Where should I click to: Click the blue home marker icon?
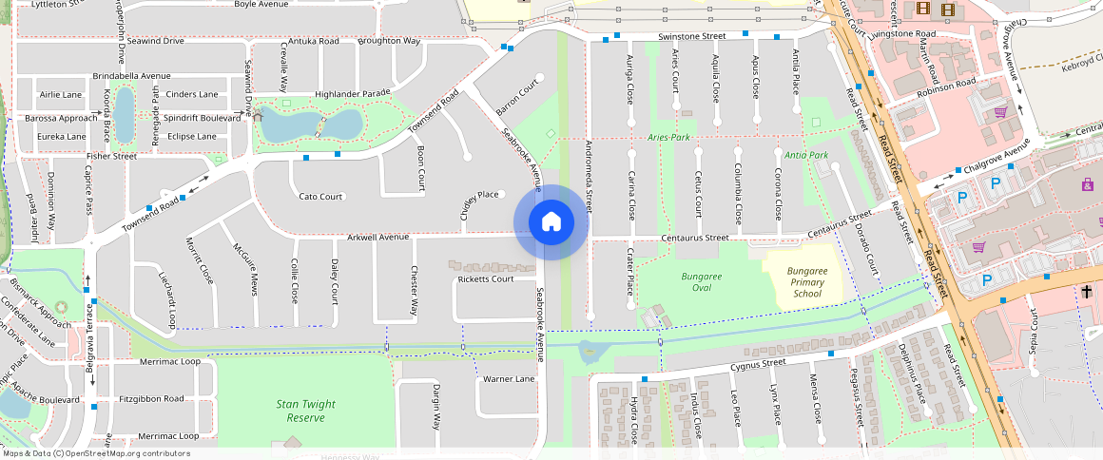pos(551,223)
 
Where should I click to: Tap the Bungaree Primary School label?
pos(807,282)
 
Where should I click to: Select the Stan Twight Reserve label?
pos(306,411)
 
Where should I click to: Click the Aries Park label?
pos(668,137)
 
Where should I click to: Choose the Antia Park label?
pos(806,154)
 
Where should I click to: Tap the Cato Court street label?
pos(320,197)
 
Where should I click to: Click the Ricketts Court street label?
pos(485,278)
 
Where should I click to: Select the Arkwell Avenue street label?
pos(377,237)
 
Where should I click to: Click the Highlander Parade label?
pos(353,93)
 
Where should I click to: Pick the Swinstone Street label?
pos(691,36)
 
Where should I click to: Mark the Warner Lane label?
pos(509,379)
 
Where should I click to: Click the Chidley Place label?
pos(479,195)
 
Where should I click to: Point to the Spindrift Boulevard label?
pos(203,118)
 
